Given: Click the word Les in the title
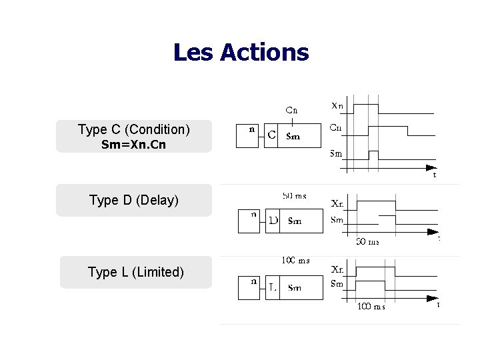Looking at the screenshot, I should coord(193,52).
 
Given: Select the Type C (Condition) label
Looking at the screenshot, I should coord(134,129).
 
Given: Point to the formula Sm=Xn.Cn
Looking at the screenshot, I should coord(133,145).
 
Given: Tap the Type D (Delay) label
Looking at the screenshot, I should coord(134,200).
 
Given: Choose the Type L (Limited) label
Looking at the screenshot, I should coord(135,272).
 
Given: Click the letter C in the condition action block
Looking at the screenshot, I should coord(272,135).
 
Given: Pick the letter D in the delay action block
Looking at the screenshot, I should coord(273,220).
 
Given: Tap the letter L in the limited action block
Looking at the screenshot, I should coord(273,287).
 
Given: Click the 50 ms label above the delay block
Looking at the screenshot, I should coord(295,196).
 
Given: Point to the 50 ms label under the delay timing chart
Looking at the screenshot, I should coord(367,241).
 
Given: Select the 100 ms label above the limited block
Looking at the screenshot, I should coord(295,260).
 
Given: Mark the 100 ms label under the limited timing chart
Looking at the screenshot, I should coord(371,307).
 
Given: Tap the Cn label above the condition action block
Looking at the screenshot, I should coord(291,110).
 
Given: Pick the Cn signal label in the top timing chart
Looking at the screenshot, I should coord(337,127).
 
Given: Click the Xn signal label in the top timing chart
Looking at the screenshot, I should coord(338,105).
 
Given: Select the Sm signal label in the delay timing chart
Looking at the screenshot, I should coord(337,219).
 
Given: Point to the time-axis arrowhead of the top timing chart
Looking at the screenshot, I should coord(431,167).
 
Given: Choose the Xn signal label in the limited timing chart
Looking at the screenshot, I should coord(338,269).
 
